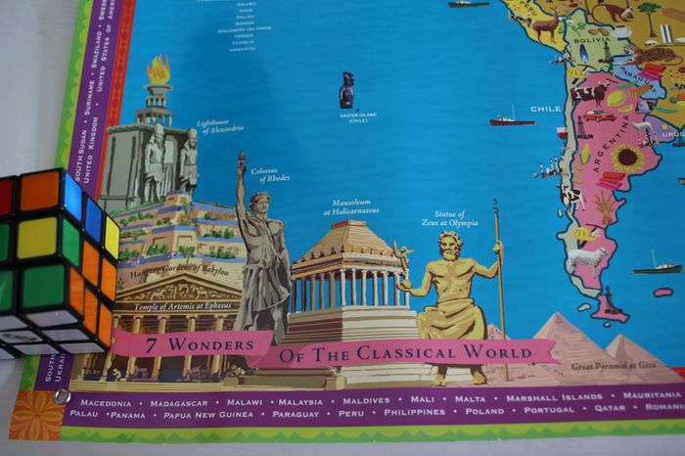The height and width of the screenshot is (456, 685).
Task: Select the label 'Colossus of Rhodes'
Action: pyautogui.click(x=269, y=175)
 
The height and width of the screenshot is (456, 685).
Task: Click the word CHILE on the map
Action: pyautogui.click(x=545, y=109)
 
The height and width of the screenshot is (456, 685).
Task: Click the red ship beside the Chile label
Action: pyautogui.click(x=512, y=120)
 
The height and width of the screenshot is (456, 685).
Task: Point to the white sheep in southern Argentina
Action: pyautogui.click(x=587, y=258)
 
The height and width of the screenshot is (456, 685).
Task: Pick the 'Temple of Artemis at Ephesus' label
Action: pyautogui.click(x=174, y=306)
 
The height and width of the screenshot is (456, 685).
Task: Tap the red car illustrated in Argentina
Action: pyautogui.click(x=599, y=115)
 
